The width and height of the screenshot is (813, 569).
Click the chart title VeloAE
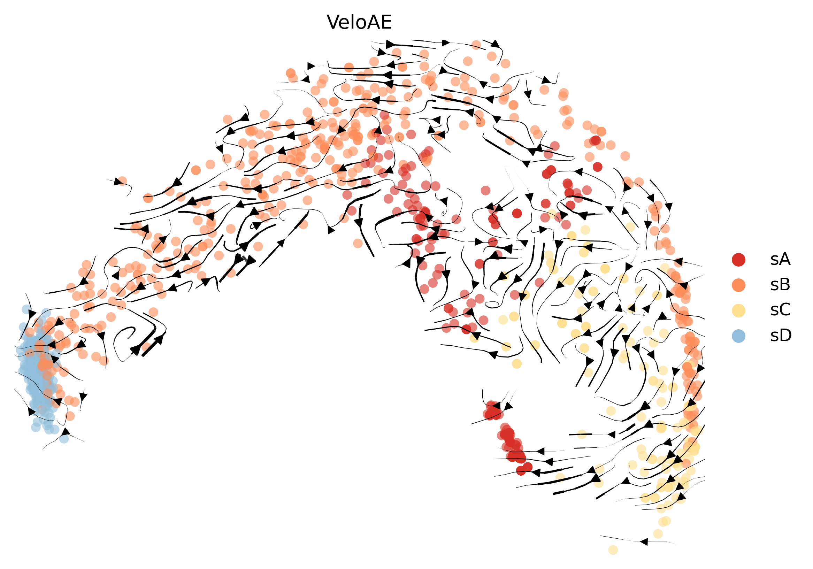[x=359, y=22]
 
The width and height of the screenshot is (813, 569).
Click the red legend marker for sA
[x=739, y=260]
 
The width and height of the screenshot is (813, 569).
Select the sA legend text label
[x=780, y=260]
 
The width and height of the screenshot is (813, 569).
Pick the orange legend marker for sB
[x=739, y=285]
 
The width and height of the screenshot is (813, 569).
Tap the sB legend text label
[x=780, y=285]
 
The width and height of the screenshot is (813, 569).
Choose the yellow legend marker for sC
[x=739, y=310]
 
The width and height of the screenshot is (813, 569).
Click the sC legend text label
[x=780, y=310]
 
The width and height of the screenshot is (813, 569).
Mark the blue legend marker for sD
[x=739, y=336]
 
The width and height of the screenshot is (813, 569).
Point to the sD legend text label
[x=781, y=336]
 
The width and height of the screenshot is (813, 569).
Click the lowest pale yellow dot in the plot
[x=613, y=550]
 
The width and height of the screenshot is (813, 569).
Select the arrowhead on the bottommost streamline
[x=644, y=542]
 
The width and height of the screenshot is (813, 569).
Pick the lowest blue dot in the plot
[x=64, y=439]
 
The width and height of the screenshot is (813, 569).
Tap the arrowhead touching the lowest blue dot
[x=66, y=432]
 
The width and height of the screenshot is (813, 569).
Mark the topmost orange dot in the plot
[x=477, y=45]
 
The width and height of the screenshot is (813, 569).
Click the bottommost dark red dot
[x=521, y=471]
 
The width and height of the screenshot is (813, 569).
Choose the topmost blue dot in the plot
[x=26, y=309]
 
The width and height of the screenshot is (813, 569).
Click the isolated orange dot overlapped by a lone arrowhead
[x=122, y=181]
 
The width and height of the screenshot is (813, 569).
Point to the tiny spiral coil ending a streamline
[x=443, y=213]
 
